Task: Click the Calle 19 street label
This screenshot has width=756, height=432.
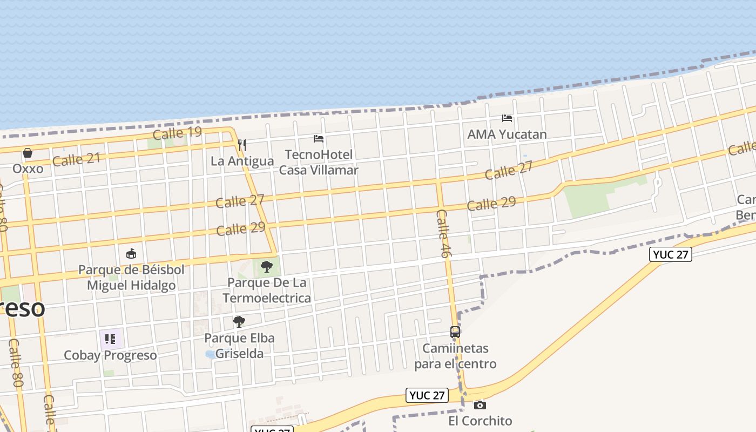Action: pos(177,133)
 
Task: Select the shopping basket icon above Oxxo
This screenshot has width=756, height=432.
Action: pos(28,153)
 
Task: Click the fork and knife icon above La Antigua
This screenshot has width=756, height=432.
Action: pos(242,145)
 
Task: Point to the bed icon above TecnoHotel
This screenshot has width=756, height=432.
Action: pos(319,139)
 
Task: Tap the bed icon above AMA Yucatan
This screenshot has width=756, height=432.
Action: pos(507,118)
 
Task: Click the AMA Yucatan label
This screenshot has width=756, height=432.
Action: pos(507,134)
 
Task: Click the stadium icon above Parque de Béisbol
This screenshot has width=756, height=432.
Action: pos(131,253)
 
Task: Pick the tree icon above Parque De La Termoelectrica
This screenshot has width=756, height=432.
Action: pos(266,267)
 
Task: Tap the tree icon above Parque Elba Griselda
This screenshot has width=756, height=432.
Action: pos(239,322)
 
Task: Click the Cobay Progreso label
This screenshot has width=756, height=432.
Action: pos(110,355)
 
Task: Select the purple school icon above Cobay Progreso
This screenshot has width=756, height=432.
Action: pos(110,339)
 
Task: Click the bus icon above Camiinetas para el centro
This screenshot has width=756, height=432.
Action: pos(455,332)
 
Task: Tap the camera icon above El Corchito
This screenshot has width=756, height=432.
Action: pos(480,405)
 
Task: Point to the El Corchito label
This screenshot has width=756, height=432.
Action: pos(480,421)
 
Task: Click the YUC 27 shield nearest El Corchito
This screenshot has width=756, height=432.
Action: pos(427,395)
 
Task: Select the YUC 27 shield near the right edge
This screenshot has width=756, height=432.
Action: pos(671,254)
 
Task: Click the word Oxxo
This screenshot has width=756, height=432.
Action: pos(28,169)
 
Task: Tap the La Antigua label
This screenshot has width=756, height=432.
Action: pos(242,161)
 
